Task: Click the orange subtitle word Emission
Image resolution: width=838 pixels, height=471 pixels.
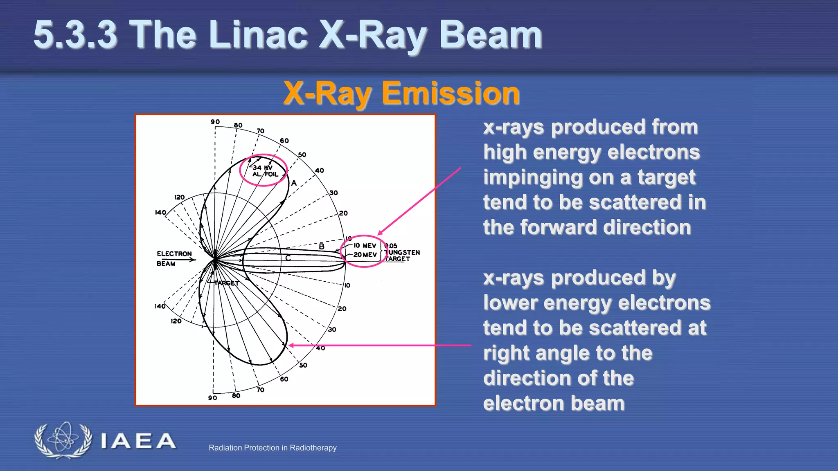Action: (451, 94)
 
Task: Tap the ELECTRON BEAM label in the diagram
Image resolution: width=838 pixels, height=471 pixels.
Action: (173, 258)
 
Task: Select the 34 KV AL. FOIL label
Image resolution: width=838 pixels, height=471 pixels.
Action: (264, 171)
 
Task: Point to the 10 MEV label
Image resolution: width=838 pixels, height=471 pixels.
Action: (365, 246)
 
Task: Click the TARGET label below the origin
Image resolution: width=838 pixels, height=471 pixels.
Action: (226, 283)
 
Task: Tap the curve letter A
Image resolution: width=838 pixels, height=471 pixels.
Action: (294, 183)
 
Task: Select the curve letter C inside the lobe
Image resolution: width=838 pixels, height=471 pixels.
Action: (288, 258)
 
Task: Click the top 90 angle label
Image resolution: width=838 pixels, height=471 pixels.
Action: (215, 122)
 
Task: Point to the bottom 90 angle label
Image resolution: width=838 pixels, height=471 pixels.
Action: (212, 398)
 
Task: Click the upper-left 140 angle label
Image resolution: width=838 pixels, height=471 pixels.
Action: (160, 212)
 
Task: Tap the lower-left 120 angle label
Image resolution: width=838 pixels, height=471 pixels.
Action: (176, 321)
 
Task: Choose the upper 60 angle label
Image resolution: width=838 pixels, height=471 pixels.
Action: (284, 141)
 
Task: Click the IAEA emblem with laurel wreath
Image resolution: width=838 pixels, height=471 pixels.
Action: (63, 440)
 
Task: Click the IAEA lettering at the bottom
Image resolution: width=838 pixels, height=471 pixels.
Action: (138, 442)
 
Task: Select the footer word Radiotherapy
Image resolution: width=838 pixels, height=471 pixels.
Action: (313, 448)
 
